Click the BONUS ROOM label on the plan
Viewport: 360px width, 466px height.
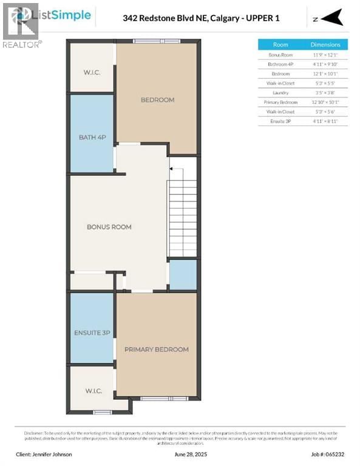[109, 227]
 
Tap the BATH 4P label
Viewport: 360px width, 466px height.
[92, 137]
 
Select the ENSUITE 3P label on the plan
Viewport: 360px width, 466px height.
[92, 332]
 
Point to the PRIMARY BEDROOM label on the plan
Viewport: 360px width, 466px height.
[157, 349]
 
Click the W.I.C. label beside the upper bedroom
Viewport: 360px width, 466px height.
[92, 73]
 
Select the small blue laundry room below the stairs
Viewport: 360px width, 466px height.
[183, 275]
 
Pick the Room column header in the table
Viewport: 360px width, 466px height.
[280, 44]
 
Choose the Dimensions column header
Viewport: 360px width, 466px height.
[325, 44]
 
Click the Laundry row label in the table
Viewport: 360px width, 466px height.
[280, 92]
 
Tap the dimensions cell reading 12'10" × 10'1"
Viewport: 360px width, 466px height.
[325, 102]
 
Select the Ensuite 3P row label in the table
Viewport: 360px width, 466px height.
[280, 121]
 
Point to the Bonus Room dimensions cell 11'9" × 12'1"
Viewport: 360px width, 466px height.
[325, 55]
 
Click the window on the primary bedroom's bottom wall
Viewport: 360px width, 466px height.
[156, 398]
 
